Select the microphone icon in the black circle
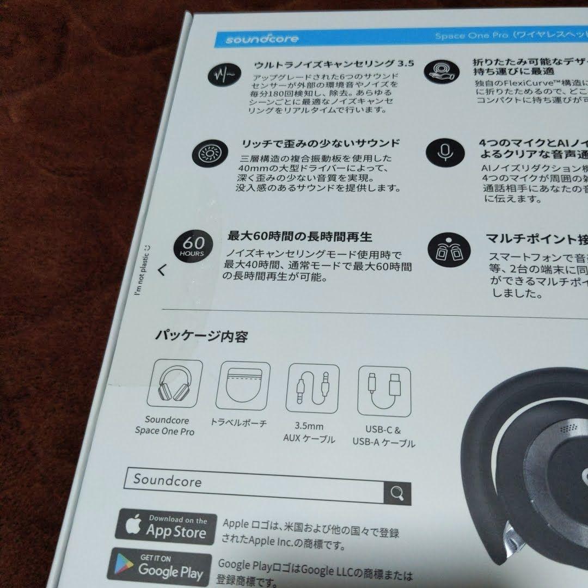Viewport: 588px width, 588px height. point(444,152)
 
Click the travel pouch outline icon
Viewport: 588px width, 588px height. point(244,388)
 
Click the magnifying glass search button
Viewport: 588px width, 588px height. point(397,494)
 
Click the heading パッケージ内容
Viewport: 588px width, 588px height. point(201,336)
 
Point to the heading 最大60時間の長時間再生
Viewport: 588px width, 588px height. point(299,237)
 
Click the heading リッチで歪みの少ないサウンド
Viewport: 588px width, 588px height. point(320,144)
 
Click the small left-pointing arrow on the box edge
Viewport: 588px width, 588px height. point(161,270)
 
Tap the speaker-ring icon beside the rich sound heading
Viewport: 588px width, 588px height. point(207,155)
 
